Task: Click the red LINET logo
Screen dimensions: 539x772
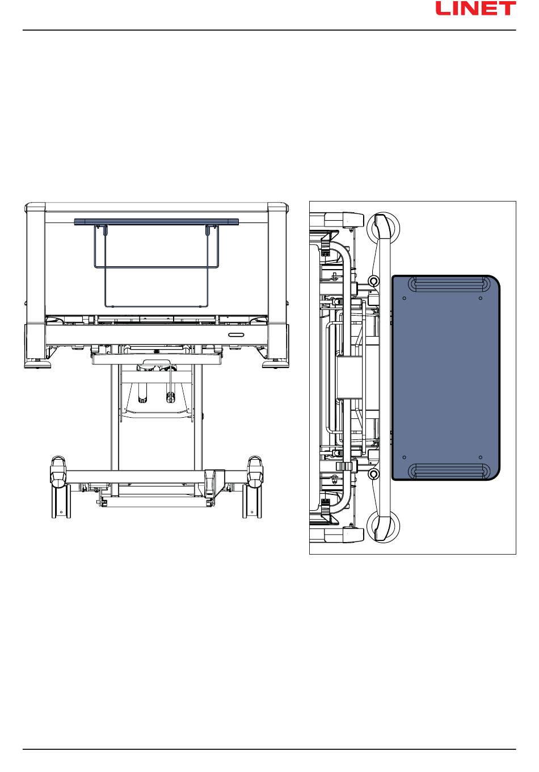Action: tap(475, 9)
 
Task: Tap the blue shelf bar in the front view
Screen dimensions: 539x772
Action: tap(157, 221)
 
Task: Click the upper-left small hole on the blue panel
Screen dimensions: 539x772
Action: tap(405, 298)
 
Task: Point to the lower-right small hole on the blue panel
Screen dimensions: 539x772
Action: tap(481, 458)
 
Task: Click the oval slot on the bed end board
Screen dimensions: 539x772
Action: tap(236, 335)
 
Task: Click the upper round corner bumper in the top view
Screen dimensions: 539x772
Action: tap(382, 229)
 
